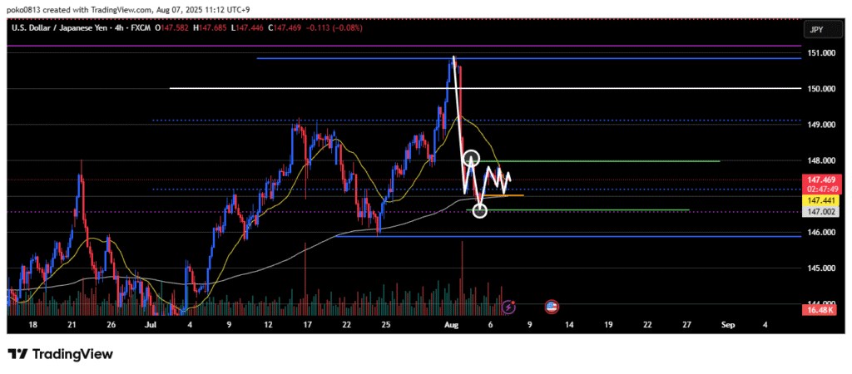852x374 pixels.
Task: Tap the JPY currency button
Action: pyautogui.click(x=816, y=30)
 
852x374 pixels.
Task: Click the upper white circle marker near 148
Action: pyautogui.click(x=472, y=157)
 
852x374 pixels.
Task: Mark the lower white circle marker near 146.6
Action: pyautogui.click(x=480, y=211)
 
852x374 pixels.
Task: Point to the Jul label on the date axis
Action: pyautogui.click(x=151, y=325)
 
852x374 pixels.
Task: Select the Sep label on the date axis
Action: pyautogui.click(x=726, y=325)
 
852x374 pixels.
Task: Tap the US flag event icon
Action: pyautogui.click(x=551, y=307)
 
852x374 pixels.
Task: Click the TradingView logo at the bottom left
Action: pyautogui.click(x=61, y=354)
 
